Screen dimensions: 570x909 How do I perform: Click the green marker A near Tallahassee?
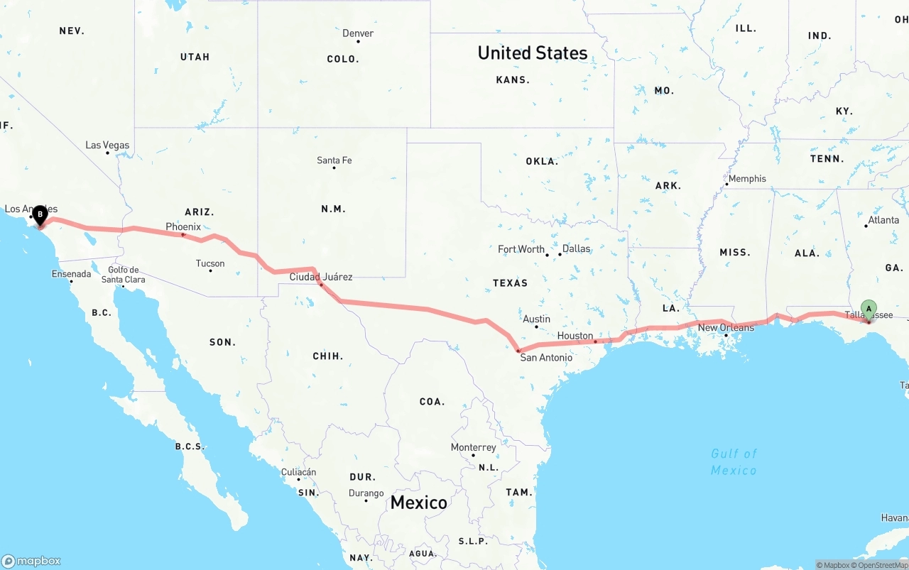click(x=869, y=309)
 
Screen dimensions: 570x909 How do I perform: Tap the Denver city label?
click(x=358, y=33)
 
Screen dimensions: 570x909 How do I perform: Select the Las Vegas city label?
click(x=107, y=146)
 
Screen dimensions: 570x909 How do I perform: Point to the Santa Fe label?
click(x=334, y=160)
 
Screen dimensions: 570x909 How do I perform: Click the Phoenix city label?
click(x=183, y=226)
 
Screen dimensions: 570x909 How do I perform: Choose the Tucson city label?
click(x=210, y=263)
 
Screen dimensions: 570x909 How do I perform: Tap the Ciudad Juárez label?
click(x=320, y=277)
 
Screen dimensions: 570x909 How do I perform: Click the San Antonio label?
click(x=546, y=357)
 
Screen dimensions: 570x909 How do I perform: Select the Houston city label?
click(x=575, y=336)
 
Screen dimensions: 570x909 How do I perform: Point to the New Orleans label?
click(x=726, y=327)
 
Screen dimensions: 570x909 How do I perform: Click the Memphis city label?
click(x=747, y=179)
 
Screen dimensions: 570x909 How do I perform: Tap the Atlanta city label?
click(x=883, y=220)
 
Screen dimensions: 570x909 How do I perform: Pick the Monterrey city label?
click(x=474, y=447)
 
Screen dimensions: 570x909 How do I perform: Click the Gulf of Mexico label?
click(x=734, y=461)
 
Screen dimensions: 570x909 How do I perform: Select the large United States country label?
click(x=532, y=53)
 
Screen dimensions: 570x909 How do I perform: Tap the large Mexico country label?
click(x=419, y=503)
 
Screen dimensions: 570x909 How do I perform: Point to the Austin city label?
click(x=536, y=319)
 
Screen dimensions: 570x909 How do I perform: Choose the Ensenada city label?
click(x=71, y=274)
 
